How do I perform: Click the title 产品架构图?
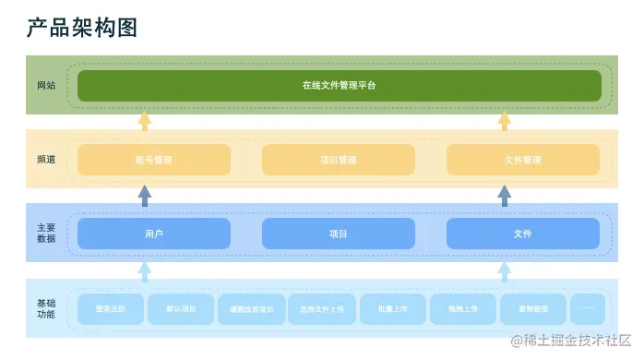82,28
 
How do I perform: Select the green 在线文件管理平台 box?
339,85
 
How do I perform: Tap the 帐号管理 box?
153,160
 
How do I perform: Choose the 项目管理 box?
338,160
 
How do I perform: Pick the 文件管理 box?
522,160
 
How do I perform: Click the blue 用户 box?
153,234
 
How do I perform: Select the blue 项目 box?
338,234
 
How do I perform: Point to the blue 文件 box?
522,234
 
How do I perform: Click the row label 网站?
46,85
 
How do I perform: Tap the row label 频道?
46,159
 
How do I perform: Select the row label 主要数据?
46,233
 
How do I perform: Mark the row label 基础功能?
46,309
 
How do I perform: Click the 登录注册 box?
111,309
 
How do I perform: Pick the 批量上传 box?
392,309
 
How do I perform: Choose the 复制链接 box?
534,309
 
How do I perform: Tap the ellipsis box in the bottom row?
588,309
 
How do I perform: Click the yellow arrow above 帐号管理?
144,122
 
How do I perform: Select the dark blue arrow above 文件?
504,195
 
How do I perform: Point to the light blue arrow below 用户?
144,270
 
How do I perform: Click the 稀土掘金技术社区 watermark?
573,341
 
